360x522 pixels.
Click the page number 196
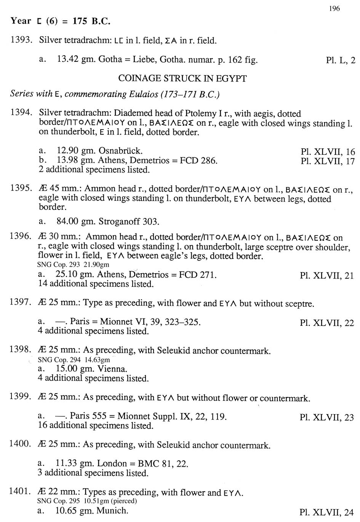pos(334,8)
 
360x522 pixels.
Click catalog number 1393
pos(20,40)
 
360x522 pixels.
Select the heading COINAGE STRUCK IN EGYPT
pos(182,78)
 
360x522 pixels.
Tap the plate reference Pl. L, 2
pos(340,60)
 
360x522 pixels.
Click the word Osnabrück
pos(120,151)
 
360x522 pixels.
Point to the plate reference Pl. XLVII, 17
pos(327,161)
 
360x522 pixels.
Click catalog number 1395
pos(20,189)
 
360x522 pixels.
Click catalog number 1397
pos(20,303)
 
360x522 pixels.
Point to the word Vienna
pos(112,369)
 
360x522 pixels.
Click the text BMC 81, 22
pos(163,464)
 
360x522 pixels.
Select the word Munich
pos(112,511)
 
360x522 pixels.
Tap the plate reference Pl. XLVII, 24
pos(327,512)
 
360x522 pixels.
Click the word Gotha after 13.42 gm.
pos(110,59)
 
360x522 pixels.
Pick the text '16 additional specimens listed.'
pos(96,426)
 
